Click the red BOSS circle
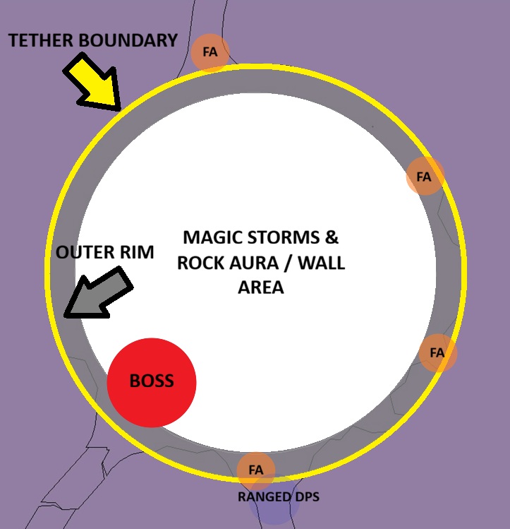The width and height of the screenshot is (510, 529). click(x=151, y=382)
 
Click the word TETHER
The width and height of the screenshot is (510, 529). click(x=40, y=40)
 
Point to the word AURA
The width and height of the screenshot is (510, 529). click(x=251, y=263)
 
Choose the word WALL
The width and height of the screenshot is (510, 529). click(x=321, y=263)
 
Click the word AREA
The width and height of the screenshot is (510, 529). click(x=260, y=288)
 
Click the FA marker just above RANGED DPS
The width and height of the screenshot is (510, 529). click(x=255, y=470)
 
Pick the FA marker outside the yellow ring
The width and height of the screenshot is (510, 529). click(x=210, y=52)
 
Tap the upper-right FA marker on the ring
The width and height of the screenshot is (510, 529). click(x=424, y=177)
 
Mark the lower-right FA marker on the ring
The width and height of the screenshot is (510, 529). click(x=437, y=352)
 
